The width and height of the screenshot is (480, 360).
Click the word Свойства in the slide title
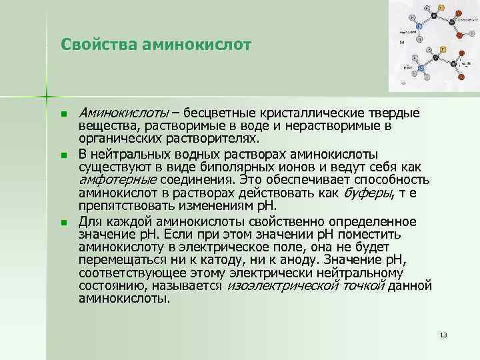(92, 45)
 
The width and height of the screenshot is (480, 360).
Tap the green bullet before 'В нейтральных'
(63, 155)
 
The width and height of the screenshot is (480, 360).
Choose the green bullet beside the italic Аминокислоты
(63, 115)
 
